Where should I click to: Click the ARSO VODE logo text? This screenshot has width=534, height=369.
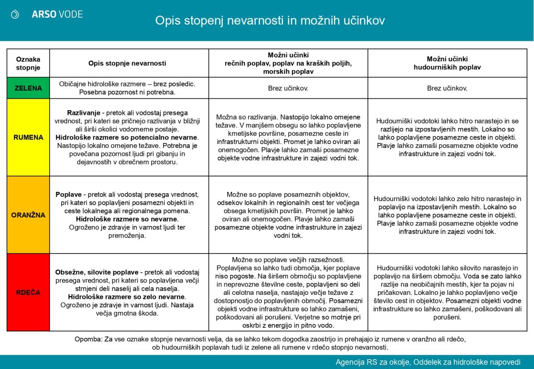[x=57, y=14]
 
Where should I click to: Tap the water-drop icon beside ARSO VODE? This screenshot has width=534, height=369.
[x=15, y=15]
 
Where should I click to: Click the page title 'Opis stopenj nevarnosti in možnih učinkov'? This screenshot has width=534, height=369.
[x=270, y=20]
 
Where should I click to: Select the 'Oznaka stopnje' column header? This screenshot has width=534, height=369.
[x=28, y=63]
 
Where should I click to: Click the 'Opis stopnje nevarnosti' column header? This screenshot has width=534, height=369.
[x=127, y=63]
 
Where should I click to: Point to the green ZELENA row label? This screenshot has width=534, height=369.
[x=28, y=88]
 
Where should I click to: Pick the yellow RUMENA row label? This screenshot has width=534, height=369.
[x=28, y=137]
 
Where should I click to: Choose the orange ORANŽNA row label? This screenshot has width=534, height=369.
[x=28, y=215]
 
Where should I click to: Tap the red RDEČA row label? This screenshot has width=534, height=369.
[x=28, y=293]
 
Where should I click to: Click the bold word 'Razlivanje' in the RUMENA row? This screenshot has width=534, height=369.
[x=85, y=112]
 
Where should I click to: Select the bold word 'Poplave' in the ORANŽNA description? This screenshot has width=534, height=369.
[x=68, y=194]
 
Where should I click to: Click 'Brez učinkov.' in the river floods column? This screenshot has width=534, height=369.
[x=288, y=88]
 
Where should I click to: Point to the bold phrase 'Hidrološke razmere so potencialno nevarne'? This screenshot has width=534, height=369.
[x=127, y=137]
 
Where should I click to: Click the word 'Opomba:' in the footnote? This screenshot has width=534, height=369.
[x=89, y=339]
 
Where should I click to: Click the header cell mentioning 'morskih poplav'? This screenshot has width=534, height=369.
[x=288, y=63]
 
